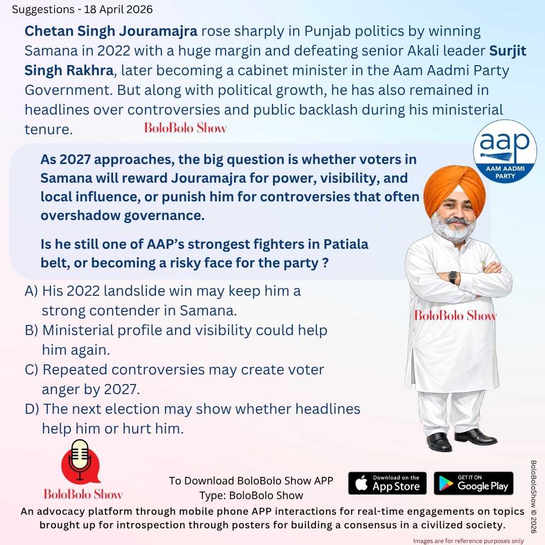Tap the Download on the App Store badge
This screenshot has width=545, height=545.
(387, 483)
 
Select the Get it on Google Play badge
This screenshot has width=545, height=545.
(473, 483)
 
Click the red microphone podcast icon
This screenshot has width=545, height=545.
(80, 461)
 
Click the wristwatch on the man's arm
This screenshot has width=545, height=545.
(453, 277)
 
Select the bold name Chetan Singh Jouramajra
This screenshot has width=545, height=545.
(111, 31)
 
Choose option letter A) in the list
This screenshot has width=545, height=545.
(32, 291)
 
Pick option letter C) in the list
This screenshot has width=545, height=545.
(32, 370)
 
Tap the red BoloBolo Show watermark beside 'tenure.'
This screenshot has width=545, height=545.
(185, 128)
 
